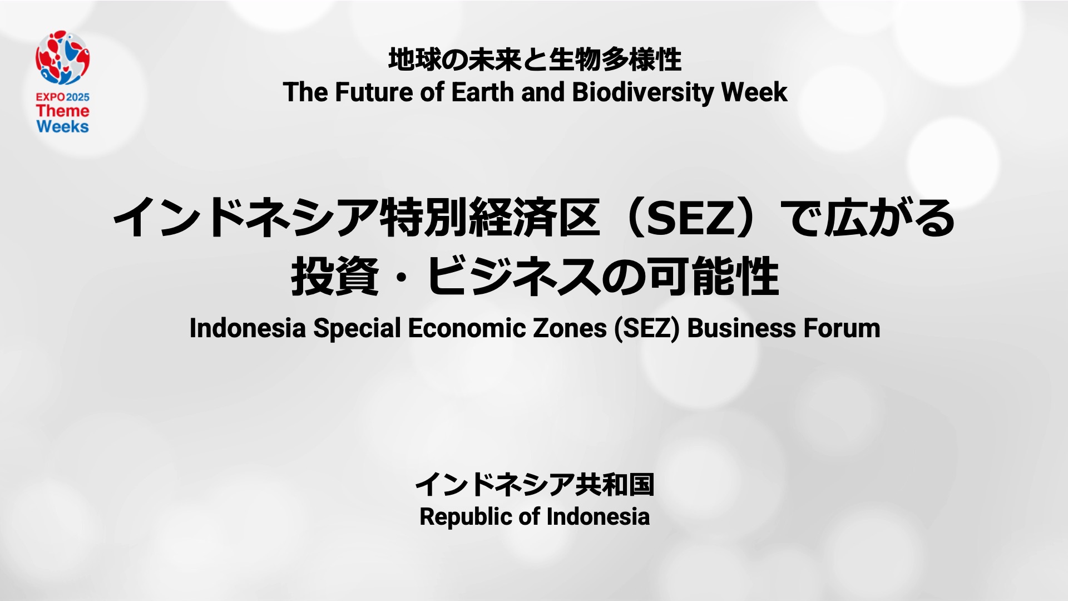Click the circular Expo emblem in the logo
pos(63,58)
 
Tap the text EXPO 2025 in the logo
pos(63,97)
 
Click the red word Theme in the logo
pos(63,111)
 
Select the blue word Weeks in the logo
pos(63,126)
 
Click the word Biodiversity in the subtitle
pos(642,93)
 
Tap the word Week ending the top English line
pos(754,92)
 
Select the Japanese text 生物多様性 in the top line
pos(615,60)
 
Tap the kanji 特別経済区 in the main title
pos(489,218)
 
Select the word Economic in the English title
pos(467,328)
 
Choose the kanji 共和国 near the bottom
pos(615,484)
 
